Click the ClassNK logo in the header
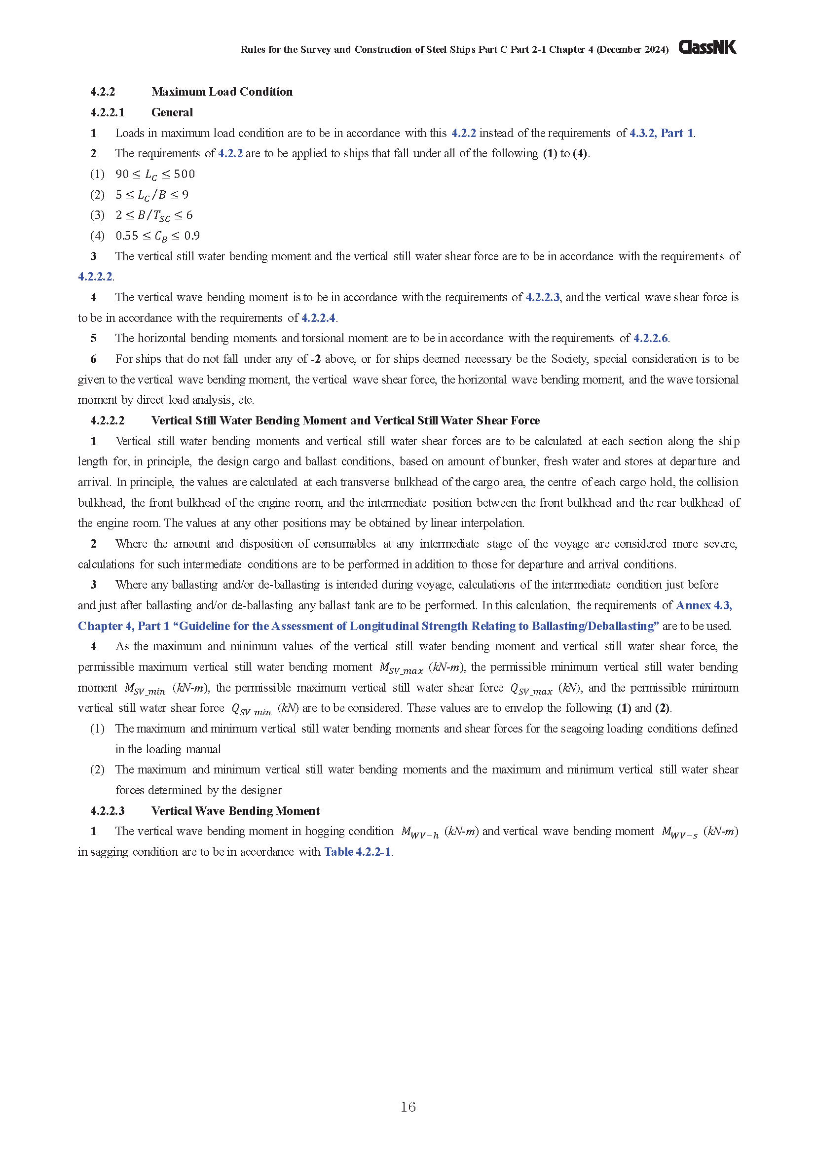click(707, 47)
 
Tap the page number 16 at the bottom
click(408, 1107)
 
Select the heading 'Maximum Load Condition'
click(222, 92)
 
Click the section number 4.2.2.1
click(107, 112)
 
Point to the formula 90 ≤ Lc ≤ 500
click(155, 174)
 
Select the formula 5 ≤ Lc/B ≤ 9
click(152, 195)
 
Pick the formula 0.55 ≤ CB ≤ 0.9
click(157, 236)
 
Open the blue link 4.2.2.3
click(542, 297)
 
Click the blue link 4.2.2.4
click(318, 318)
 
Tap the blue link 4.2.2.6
click(650, 339)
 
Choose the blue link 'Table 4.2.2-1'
click(357, 852)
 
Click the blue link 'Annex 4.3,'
click(704, 605)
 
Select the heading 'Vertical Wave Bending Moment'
click(235, 810)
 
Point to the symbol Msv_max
click(401, 668)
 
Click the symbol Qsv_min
click(251, 709)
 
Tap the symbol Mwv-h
click(419, 832)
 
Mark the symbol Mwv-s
click(679, 832)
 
